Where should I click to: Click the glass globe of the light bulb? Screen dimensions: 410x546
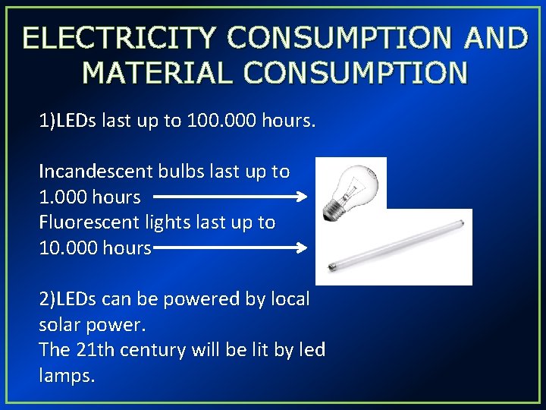point(353,179)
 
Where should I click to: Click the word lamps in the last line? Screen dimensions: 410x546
point(67,376)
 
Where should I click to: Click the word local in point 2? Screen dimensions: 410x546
point(287,299)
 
